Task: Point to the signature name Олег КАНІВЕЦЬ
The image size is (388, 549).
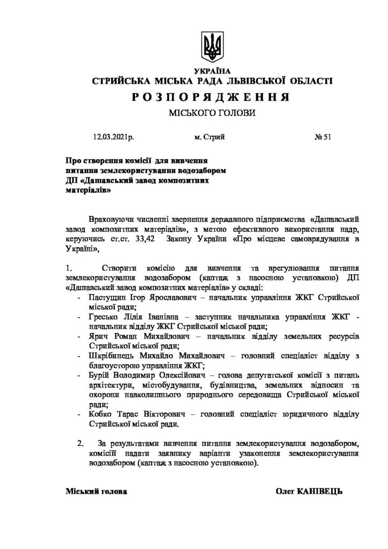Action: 309,491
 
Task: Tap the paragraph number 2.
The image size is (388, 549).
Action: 81,444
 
